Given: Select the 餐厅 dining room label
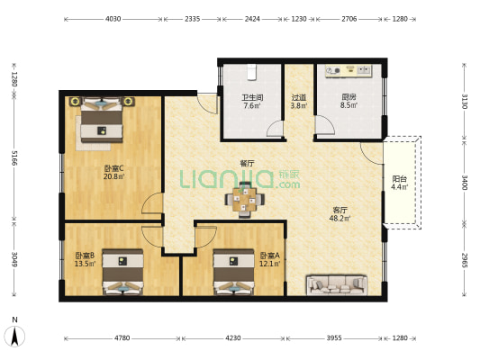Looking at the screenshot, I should point(247,164).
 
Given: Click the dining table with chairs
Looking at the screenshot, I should point(244,199).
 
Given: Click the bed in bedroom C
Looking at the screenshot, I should point(101,121).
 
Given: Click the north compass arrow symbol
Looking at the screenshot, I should point(15,337).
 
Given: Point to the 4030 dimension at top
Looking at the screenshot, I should point(113,18).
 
